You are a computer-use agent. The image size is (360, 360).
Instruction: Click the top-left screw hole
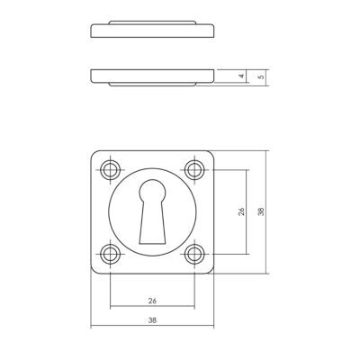coord(110,170)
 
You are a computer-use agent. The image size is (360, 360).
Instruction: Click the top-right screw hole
coord(194,170)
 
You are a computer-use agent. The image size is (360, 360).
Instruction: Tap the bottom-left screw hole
coord(110,255)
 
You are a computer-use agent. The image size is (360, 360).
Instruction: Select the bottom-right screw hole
coord(194,255)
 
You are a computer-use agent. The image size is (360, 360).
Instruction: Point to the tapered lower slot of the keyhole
coord(152,222)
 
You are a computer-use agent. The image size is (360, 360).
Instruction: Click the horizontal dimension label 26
coord(152,301)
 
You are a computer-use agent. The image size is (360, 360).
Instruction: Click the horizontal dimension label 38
coord(152,320)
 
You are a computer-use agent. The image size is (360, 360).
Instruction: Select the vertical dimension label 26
coord(241,211)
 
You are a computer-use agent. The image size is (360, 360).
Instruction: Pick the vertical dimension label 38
coord(261,211)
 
